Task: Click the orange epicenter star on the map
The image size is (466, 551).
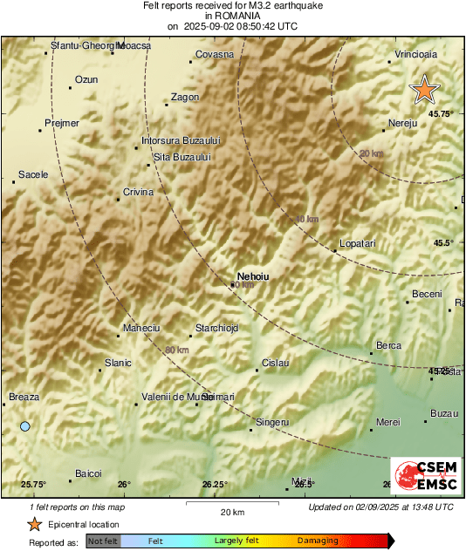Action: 425,89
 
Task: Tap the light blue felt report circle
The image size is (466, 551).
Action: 25,425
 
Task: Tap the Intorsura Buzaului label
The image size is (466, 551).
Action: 182,139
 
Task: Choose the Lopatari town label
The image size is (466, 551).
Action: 356,243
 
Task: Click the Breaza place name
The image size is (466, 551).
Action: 24,397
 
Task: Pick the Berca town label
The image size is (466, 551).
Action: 387,345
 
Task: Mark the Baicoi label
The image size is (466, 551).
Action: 88,473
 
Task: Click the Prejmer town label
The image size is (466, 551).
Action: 61,123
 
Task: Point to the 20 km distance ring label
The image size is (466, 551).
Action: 371,153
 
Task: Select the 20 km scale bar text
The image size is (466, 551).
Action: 231,511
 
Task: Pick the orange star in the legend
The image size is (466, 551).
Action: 34,524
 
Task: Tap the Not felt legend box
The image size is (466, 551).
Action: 103,541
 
